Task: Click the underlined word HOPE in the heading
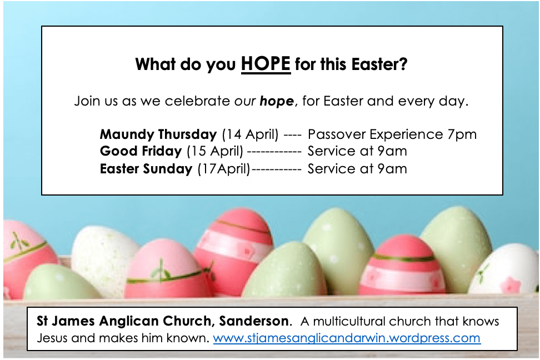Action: click(x=266, y=64)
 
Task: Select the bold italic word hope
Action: click(x=277, y=101)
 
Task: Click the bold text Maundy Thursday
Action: click(x=158, y=134)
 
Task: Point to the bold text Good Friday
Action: click(x=141, y=151)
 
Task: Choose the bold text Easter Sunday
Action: click(x=146, y=169)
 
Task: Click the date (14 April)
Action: click(x=251, y=134)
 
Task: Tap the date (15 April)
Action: click(x=215, y=151)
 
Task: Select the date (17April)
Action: click(x=224, y=169)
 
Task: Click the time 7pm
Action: click(x=462, y=134)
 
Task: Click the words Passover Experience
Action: click(x=376, y=134)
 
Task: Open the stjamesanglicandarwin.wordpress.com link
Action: click(x=347, y=338)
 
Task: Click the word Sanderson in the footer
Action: click(x=254, y=321)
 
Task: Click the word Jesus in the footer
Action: click(x=52, y=338)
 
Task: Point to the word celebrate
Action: click(x=197, y=101)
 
